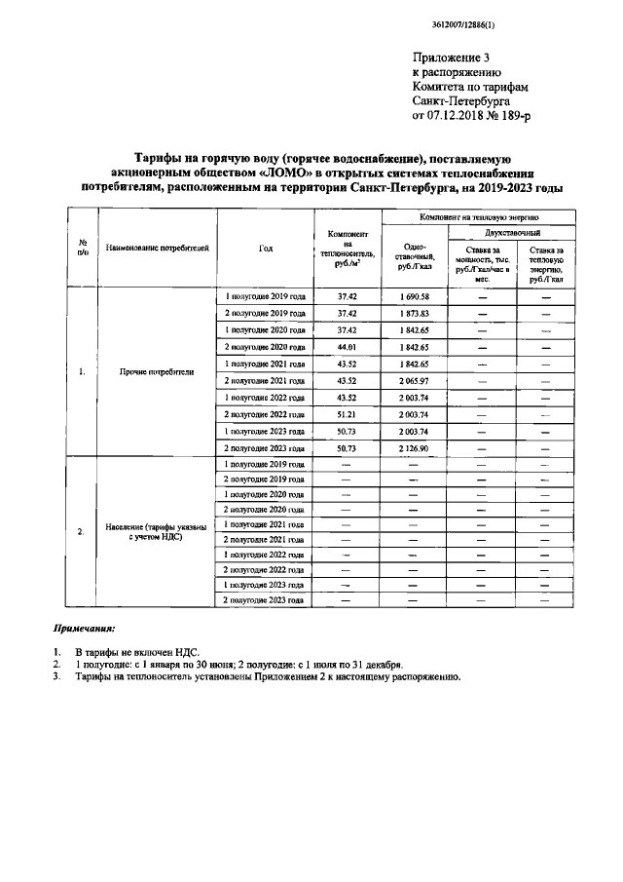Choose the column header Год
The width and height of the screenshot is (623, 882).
(266, 248)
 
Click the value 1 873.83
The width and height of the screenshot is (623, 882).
(413, 313)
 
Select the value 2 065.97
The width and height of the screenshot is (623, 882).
(413, 379)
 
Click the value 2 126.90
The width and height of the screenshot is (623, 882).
(413, 447)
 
